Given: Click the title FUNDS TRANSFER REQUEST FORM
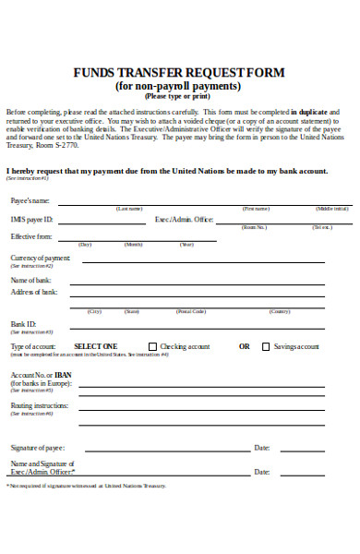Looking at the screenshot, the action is coord(179,73).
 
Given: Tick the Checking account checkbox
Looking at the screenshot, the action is coord(153,346).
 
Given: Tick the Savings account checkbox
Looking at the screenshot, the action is coord(266,346).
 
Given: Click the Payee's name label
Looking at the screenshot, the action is coord(30,200).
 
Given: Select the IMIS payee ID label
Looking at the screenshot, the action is coord(31,220).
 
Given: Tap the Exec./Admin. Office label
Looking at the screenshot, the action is coord(184,220).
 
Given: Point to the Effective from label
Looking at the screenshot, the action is coord(31,237).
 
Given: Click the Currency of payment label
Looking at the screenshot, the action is coord(40,258).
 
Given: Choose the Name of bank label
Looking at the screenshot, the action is coord(31,279).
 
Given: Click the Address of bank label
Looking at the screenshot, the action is coord(34,292).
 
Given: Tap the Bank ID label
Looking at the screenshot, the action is coord(23,324).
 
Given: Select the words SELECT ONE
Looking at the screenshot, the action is coord(95,346).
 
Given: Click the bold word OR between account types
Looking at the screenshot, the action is coord(245,346).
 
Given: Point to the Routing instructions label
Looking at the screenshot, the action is coord(39,405).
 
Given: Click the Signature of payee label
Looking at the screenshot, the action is coord(36,448).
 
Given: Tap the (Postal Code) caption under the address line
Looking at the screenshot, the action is coord(191,311).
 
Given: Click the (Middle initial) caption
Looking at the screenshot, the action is coord(331,209).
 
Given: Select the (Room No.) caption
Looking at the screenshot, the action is coord(254,226).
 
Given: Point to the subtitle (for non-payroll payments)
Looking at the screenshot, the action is coord(179,86).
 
